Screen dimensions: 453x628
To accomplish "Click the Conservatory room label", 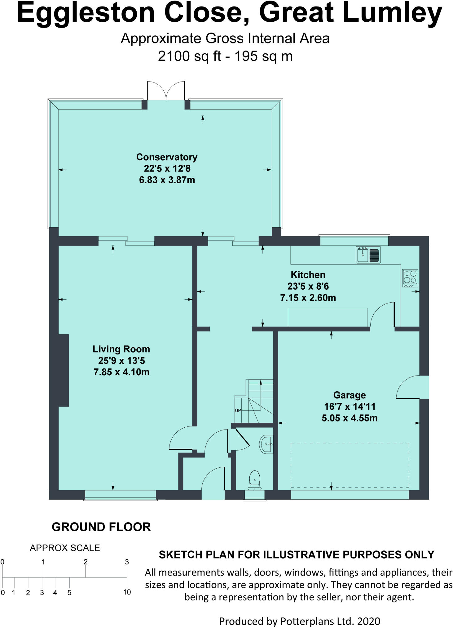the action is pos(167,157).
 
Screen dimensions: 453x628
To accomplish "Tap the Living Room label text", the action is pos(121,349).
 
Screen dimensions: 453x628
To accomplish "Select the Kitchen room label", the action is pos(308,275).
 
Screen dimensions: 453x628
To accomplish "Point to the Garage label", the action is pos(350,395).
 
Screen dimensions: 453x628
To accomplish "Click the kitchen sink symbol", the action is pos(368,255).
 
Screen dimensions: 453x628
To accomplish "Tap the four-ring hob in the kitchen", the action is pos(410,278).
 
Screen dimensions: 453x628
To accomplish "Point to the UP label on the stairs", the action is pos(238,411).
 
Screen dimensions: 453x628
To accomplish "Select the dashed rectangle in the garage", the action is pos(350,465).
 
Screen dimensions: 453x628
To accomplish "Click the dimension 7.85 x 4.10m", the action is pos(121,372).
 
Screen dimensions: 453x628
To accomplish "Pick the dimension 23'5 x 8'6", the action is pos(308,286).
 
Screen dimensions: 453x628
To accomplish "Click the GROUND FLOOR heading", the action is pos(101,527).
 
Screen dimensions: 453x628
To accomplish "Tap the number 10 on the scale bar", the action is pos(127,592).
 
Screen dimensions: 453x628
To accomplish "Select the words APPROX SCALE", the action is pos(65,548).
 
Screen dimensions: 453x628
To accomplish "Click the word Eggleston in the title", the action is pos(86,13).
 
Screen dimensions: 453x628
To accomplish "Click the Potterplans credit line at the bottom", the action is pos(300,621).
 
